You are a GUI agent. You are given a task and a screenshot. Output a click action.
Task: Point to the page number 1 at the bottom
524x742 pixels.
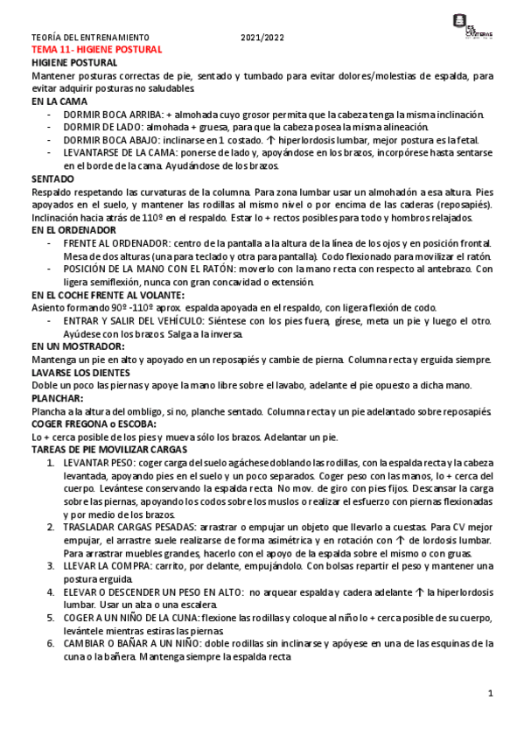coord(491,694)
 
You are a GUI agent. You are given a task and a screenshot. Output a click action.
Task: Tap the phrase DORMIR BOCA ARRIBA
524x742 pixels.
coord(113,115)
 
